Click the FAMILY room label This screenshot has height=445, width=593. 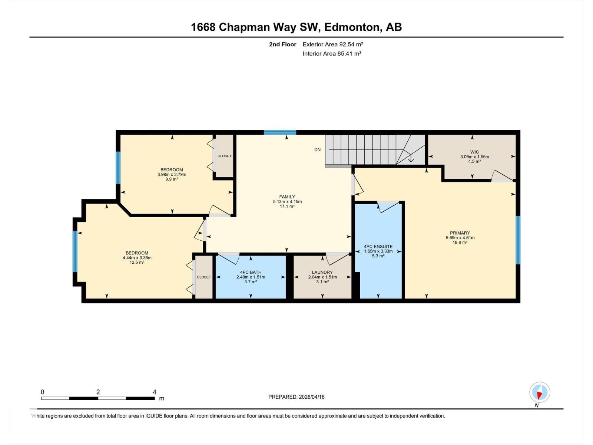point(287,197)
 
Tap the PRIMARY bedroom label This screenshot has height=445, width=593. point(460,233)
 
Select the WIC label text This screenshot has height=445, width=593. point(474,152)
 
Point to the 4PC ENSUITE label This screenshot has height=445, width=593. point(378,246)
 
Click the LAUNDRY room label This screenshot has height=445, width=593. point(322,272)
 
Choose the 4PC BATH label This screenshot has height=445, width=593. point(251,272)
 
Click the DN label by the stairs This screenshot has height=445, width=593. point(317,150)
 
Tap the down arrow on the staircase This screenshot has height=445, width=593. point(411,158)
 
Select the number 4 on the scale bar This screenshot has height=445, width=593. point(155,392)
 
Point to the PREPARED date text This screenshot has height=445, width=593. point(296,397)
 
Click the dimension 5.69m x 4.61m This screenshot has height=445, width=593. point(460,238)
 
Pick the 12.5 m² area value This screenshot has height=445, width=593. point(137,262)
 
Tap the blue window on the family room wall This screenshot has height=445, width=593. point(280,132)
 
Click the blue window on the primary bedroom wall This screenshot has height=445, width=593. point(518,240)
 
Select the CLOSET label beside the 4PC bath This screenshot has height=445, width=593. point(204,277)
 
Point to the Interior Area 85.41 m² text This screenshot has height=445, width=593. point(332,53)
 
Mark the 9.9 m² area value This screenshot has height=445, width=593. point(172,179)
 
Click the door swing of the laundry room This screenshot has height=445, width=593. point(337,259)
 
